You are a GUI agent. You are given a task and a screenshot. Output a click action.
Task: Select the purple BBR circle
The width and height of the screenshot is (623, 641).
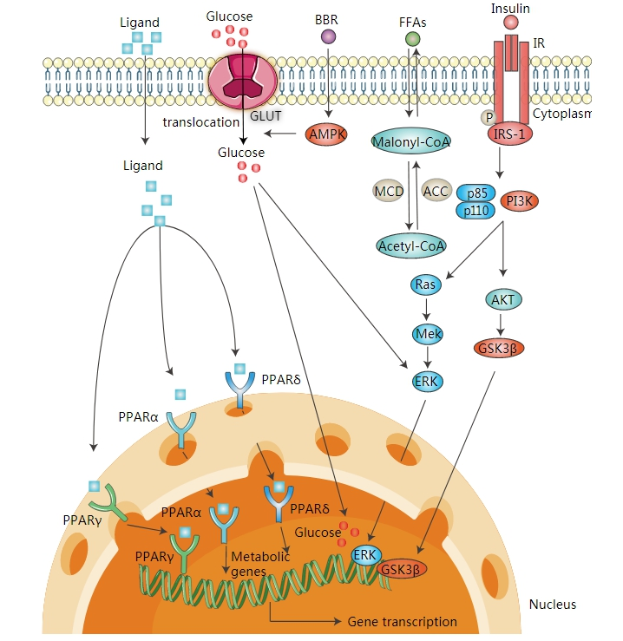tap(328, 36)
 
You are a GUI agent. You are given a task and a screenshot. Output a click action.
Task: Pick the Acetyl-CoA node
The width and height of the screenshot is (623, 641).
tap(411, 245)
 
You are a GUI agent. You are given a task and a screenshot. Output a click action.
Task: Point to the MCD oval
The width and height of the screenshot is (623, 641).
tap(387, 190)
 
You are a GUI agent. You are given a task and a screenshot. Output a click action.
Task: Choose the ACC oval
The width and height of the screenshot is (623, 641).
tap(436, 190)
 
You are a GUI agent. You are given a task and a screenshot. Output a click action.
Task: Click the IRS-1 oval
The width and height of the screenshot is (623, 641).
tap(511, 135)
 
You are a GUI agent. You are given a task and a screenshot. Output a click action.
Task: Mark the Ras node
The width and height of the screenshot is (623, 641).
tap(425, 285)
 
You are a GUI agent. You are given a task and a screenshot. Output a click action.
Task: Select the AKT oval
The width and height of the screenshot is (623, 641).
tap(500, 299)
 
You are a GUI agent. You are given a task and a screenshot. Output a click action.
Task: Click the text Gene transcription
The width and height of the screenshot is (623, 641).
tap(402, 621)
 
